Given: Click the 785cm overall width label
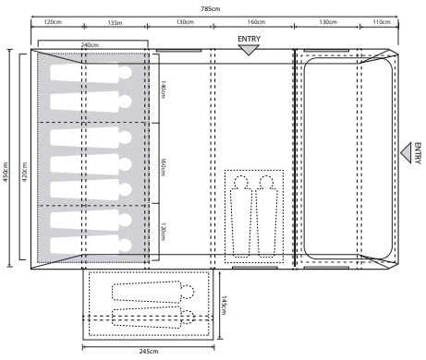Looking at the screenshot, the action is tap(211, 9).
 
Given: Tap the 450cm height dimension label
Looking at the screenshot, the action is tap(6, 172).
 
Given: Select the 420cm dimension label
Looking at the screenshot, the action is tap(25, 172).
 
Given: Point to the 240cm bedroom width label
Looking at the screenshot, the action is tap(90, 45).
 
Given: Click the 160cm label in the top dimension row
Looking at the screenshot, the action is tap(256, 22).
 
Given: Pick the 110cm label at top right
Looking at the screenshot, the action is tap(382, 22).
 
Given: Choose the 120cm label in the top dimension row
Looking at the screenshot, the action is tap(53, 22).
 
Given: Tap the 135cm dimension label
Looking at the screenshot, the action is tap(115, 23).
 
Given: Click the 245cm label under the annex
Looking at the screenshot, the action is tap(149, 351).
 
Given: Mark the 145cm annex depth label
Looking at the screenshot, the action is tap(224, 306).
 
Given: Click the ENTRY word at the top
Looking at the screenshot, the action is tap(249, 39).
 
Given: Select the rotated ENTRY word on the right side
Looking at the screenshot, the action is tap(418, 153).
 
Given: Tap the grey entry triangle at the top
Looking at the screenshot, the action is tap(249, 50).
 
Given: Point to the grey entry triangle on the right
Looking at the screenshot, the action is tap(407, 153).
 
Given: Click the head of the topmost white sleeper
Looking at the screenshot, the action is tap(125, 73).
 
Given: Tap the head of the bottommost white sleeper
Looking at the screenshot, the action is tap(125, 246).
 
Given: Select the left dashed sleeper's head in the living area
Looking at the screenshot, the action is tap(241, 183).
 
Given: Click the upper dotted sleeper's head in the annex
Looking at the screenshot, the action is tap(188, 292).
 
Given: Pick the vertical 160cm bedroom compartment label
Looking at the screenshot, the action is tap(163, 167).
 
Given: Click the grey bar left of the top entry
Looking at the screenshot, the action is tap(178, 51).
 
